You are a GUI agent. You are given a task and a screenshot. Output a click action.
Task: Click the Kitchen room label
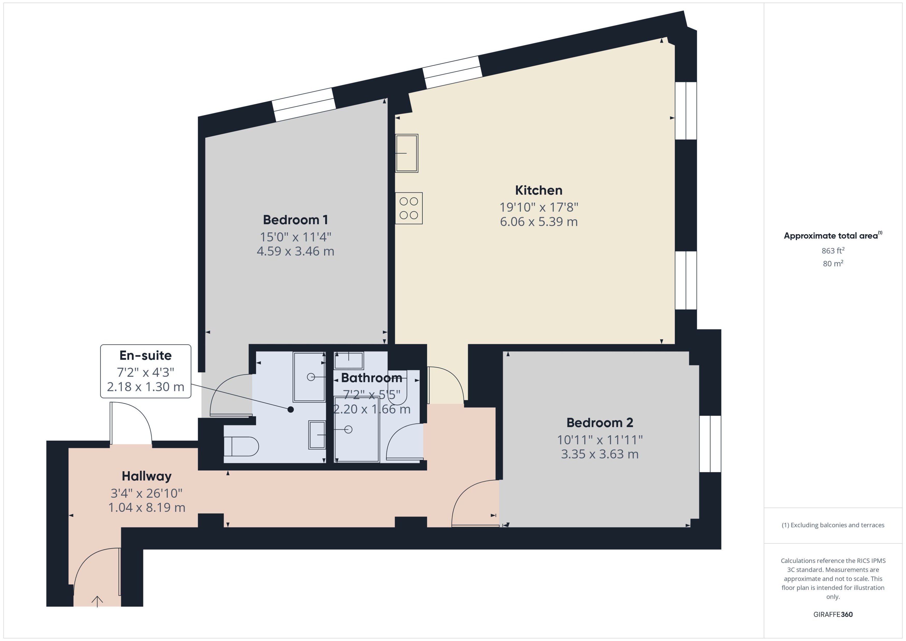click(538, 190)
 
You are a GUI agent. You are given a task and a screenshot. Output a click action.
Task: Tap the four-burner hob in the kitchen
click(408, 208)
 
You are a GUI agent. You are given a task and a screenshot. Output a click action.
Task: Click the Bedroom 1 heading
click(295, 220)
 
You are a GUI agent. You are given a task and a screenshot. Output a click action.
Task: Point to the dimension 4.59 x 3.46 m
click(295, 251)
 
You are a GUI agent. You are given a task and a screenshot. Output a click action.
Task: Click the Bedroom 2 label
click(599, 423)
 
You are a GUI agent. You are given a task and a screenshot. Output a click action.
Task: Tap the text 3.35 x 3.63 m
click(599, 454)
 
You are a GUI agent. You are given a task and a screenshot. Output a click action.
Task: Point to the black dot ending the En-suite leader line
click(290, 409)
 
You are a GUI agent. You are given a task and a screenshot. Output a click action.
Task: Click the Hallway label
click(147, 476)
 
